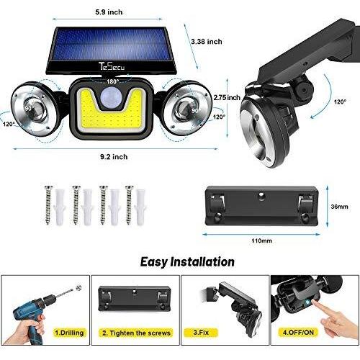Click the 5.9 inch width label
pos(109,12)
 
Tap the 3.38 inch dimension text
pos(207,42)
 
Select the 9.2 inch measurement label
pos(114,157)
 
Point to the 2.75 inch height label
pos(227,97)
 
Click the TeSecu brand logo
pos(112,66)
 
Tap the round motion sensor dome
pos(110,97)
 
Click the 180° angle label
pos(112,81)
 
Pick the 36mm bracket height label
pos(339,207)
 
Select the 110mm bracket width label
pos(261,240)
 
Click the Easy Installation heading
pos(187,261)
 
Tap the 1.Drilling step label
pos(69,333)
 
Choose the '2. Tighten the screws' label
pos(136,333)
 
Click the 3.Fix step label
pos(201,333)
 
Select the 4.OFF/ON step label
pos(298,333)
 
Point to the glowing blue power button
pos(308,303)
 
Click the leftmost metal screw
pos(48,204)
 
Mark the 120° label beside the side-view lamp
pos(340,102)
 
